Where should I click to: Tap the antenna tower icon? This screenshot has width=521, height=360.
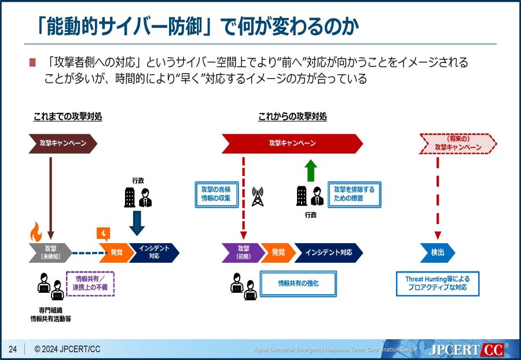(x=258, y=197)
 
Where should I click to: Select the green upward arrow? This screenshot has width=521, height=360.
(x=311, y=171)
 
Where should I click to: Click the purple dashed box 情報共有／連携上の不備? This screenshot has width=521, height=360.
(x=90, y=284)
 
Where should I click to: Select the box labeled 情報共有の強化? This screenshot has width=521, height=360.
(x=298, y=284)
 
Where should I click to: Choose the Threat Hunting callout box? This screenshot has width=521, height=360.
(x=438, y=283)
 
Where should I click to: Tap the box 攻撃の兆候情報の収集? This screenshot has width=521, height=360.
(x=216, y=194)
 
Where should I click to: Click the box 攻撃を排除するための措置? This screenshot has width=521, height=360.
(x=354, y=194)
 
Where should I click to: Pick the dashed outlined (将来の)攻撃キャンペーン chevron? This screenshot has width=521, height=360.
(x=458, y=144)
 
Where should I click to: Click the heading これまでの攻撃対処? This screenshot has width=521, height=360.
(x=68, y=117)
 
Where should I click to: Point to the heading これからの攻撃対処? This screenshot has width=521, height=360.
(x=292, y=117)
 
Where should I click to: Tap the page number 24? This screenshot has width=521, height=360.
(x=13, y=349)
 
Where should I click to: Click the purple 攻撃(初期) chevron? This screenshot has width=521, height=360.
(x=243, y=253)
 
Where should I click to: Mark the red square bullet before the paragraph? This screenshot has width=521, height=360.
(x=32, y=63)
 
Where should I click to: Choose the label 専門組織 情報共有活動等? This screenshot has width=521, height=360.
(x=50, y=314)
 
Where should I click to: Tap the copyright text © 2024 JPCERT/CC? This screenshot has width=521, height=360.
(x=67, y=349)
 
